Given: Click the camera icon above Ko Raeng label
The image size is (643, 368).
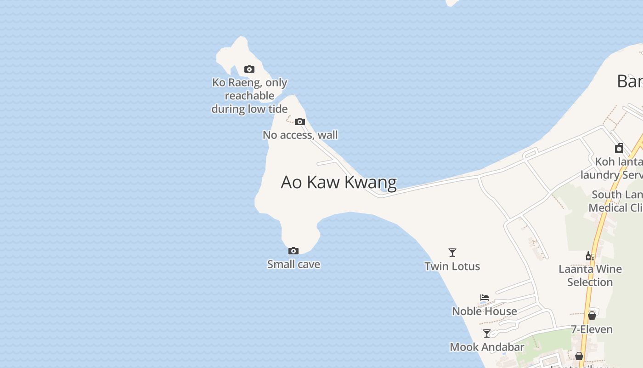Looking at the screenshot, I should coord(249,69).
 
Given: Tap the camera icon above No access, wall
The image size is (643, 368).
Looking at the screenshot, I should coord(300,122).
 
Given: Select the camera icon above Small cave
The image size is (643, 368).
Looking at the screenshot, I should coord(293,251).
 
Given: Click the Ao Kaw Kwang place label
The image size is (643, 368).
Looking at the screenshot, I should coord(338,182).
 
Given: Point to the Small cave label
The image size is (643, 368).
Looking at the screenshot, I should coord(293,264).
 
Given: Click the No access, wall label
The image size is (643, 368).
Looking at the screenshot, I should coord(300,135).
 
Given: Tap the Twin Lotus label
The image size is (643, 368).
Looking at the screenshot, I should coord(452,266).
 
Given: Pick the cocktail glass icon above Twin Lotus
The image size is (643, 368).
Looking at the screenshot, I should coord(452,253).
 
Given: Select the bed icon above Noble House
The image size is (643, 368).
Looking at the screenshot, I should coord(485,298).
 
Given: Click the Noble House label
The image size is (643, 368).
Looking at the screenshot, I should coord(485,311).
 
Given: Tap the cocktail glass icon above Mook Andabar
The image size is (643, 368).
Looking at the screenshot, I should coord(487,333).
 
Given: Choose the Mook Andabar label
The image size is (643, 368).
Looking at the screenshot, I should coord(487,347).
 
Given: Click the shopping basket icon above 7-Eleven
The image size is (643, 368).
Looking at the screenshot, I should coord(592,316).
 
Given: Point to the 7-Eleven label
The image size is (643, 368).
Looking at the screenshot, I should coord(592,330).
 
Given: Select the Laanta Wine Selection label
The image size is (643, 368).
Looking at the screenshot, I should coord(590,276).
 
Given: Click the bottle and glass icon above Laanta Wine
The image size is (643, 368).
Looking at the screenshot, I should coord(590,256).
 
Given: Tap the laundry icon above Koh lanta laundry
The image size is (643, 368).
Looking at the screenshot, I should coord(619,148).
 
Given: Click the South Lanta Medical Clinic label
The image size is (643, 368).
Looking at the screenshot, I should coord(615,201).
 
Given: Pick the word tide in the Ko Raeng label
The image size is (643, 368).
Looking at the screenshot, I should coord(277,109).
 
